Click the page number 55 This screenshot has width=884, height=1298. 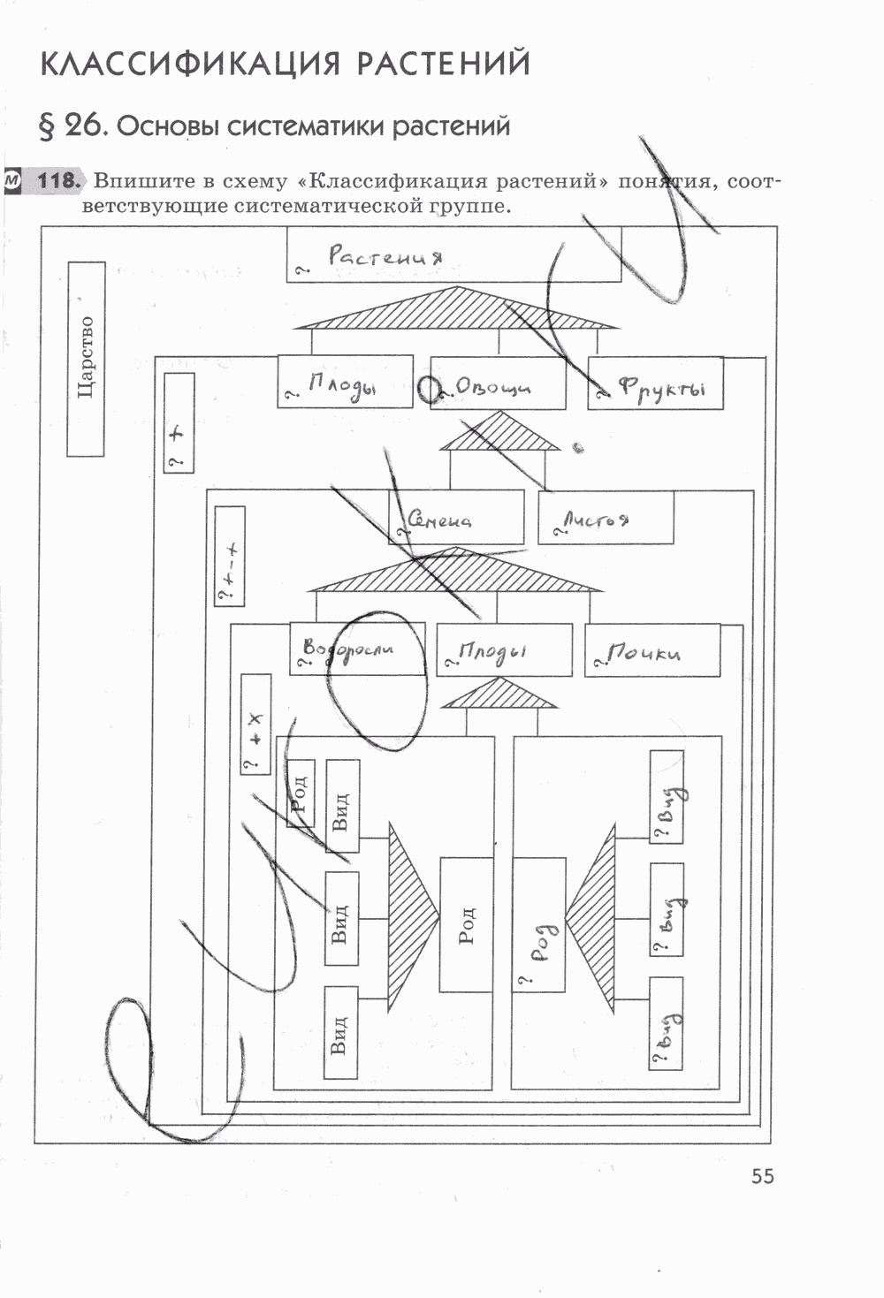click(x=762, y=1176)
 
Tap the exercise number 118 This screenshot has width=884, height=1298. click(x=59, y=181)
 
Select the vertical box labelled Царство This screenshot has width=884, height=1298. click(x=86, y=359)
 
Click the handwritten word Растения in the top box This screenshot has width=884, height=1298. click(x=385, y=256)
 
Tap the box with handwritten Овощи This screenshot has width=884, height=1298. click(x=498, y=383)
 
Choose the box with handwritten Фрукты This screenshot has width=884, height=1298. click(x=655, y=383)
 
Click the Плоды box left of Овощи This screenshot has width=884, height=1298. click(x=345, y=382)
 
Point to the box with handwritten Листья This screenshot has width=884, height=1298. click(x=606, y=518)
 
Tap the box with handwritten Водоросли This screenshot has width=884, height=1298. click(x=356, y=649)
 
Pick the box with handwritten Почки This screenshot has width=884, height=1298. click(x=652, y=651)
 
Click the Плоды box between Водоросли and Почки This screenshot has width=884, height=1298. click(x=504, y=651)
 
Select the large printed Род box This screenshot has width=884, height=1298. click(x=466, y=924)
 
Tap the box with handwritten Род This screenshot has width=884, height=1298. click(x=538, y=924)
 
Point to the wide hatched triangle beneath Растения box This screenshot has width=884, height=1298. click(x=456, y=310)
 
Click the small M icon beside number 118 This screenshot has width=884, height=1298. click(x=11, y=180)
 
